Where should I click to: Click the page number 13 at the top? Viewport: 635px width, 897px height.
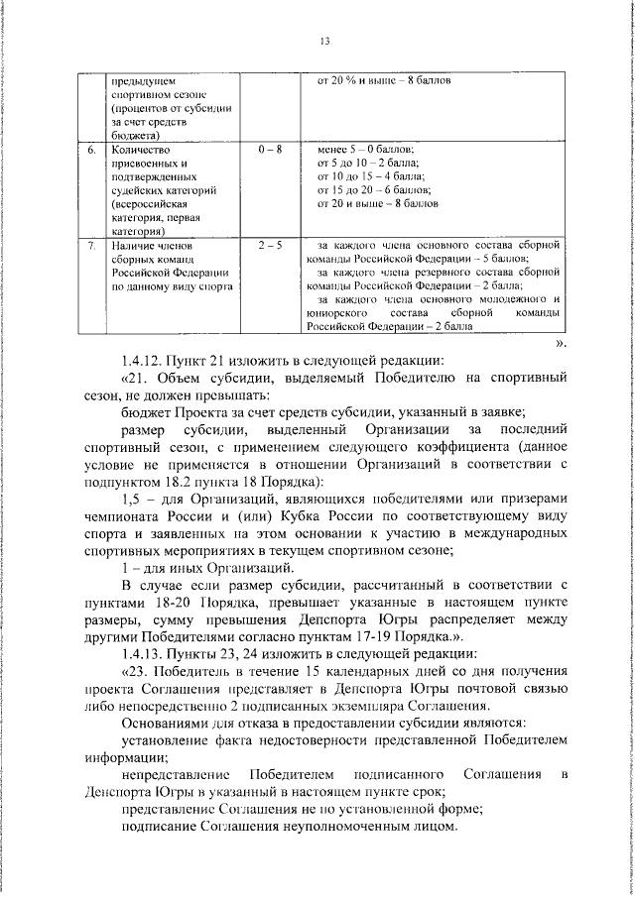(x=324, y=41)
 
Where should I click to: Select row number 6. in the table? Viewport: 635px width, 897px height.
(x=90, y=150)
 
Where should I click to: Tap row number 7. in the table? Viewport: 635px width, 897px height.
(x=90, y=244)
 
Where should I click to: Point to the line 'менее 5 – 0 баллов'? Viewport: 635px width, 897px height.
(x=366, y=150)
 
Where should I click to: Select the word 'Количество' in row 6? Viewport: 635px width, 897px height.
(x=138, y=150)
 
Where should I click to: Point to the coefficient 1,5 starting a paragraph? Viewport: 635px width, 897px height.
(x=131, y=499)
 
